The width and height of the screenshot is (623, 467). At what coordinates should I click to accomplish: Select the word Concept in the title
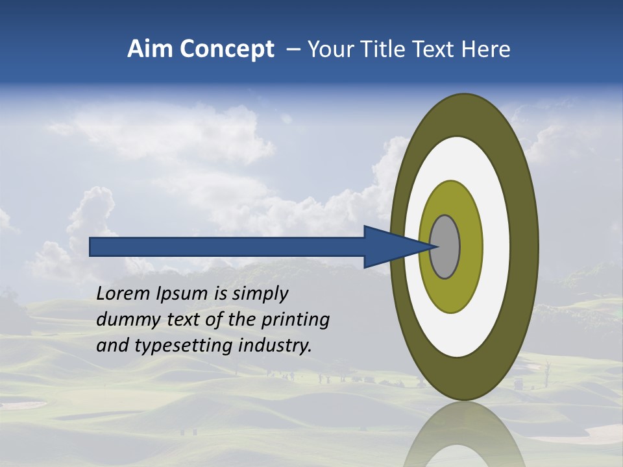pos(226,50)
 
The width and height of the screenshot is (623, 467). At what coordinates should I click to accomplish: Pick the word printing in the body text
pos(295,320)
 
